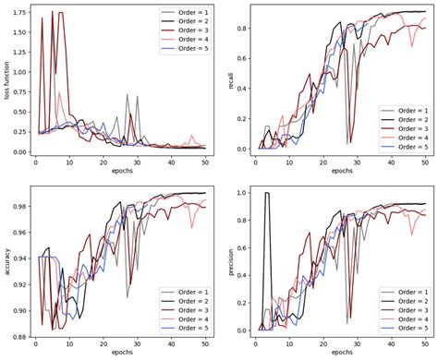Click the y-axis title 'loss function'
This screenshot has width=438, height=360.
click(x=7, y=81)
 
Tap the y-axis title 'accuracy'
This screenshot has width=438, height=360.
click(x=7, y=260)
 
